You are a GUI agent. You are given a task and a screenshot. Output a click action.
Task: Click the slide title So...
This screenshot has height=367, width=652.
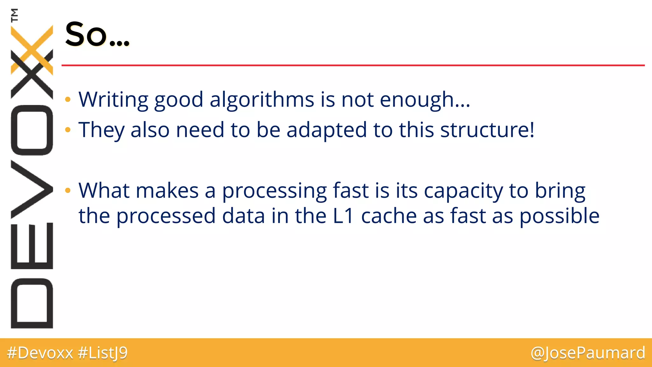click(97, 34)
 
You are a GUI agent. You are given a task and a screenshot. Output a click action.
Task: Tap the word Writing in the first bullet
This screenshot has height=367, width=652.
click(113, 99)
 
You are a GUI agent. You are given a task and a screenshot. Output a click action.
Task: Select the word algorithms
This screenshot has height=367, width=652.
click(262, 99)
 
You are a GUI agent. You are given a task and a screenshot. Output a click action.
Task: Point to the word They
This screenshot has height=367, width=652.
click(102, 130)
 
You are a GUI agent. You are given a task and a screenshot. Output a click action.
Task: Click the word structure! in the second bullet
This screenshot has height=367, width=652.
click(487, 130)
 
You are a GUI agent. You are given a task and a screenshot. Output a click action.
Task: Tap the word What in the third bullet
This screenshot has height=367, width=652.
click(104, 191)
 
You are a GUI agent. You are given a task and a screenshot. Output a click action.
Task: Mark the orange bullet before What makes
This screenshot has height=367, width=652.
click(67, 191)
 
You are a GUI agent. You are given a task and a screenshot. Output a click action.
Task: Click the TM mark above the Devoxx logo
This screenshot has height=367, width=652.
click(14, 15)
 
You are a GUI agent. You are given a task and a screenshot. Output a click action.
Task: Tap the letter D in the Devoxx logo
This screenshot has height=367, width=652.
click(32, 303)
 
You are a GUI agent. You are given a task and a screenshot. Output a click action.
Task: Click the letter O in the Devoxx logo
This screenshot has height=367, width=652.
click(32, 130)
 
